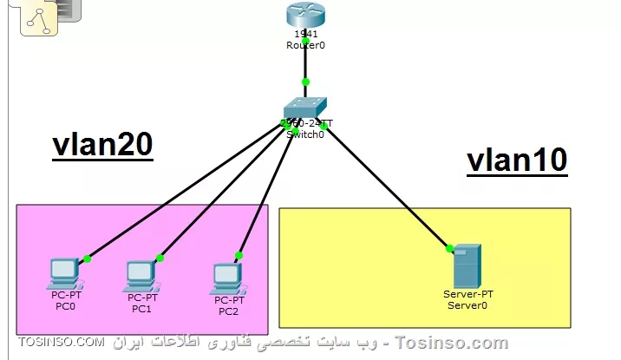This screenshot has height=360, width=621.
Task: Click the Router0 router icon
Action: pos(304,15)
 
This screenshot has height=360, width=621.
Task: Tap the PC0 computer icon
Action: pos(63,273)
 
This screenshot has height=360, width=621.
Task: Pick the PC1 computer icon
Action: pos(141,275)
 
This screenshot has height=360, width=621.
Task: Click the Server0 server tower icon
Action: pos(466,266)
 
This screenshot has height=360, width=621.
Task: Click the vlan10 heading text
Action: pos(517,160)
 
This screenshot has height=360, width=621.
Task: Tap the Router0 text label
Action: pos(305,44)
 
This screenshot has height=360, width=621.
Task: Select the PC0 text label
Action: pos(63,305)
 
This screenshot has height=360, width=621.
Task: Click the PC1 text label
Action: pos(141,308)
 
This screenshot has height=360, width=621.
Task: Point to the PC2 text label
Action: pos(228,311)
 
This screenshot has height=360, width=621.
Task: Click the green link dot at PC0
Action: pos(87,259)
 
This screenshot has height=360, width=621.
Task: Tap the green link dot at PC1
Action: pos(160,258)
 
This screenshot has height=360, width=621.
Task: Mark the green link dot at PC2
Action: pos(238,256)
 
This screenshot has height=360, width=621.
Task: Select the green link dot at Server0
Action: pos(449,249)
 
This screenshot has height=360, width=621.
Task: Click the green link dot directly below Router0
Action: pos(305,82)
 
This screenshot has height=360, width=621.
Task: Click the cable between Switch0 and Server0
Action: pos(386,187)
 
